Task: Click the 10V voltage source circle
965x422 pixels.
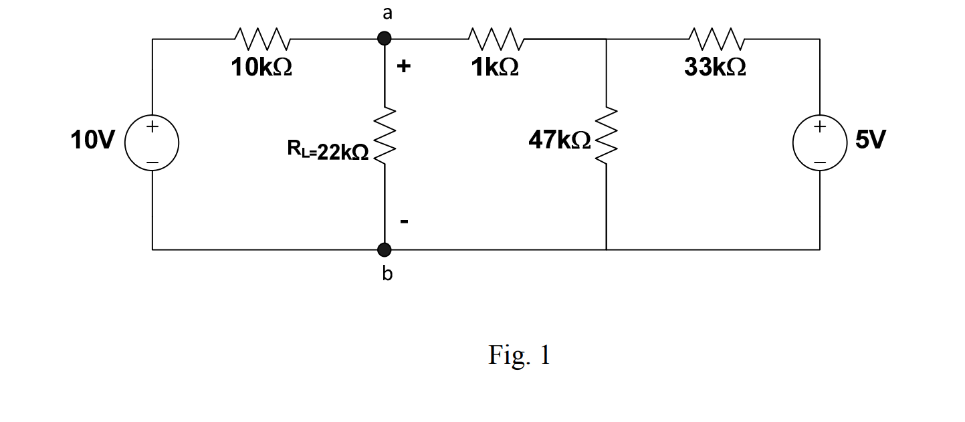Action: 152,144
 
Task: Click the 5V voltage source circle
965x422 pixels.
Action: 820,144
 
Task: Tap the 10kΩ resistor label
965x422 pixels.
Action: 261,68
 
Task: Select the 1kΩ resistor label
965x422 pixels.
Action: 495,68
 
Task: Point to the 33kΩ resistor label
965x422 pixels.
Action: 716,68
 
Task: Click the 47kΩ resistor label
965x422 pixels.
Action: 560,140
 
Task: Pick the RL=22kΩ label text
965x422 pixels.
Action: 328,152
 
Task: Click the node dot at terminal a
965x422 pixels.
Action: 385,39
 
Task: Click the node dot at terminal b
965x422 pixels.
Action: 385,249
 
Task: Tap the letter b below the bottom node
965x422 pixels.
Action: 387,274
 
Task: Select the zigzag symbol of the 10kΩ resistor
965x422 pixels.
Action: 261,39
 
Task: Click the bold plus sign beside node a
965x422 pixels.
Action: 404,66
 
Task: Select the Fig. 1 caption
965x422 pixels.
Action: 519,355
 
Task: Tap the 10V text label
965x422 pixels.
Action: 93,140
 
